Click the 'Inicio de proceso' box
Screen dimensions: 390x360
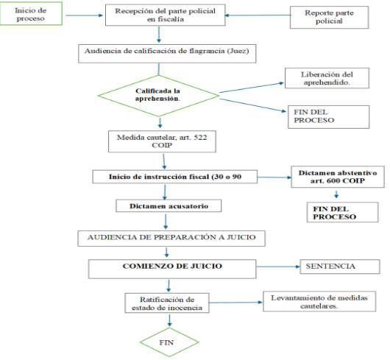[x=31, y=13]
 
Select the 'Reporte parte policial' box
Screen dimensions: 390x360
[x=329, y=18]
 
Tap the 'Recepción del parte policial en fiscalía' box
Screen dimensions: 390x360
[x=165, y=15]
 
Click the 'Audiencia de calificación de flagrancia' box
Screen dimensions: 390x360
[x=167, y=54]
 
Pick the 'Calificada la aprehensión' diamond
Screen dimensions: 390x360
[x=158, y=96]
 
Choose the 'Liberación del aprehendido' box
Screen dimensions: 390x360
[x=327, y=78]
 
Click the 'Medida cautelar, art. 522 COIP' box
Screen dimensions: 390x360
[x=162, y=141]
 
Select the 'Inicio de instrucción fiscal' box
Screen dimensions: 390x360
[x=175, y=177]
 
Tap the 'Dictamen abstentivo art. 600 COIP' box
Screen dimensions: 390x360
[x=338, y=177]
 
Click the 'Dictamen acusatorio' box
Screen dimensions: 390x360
[x=169, y=205]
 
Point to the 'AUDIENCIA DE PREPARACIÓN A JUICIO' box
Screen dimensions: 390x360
[x=171, y=239]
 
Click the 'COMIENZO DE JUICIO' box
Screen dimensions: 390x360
[x=172, y=269]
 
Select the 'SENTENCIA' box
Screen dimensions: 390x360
[x=340, y=267]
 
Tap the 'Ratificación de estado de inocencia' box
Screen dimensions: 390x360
[x=167, y=303]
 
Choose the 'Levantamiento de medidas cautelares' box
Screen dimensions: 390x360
[x=319, y=301]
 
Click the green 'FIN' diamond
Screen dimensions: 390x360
[x=169, y=342]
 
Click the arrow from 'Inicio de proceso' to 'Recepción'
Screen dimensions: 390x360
[x=84, y=15]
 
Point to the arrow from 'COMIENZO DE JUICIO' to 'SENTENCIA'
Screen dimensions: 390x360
[x=278, y=267]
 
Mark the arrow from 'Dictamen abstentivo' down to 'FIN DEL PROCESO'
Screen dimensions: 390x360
[x=336, y=194]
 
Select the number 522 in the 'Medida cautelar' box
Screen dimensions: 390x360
[x=200, y=138]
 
